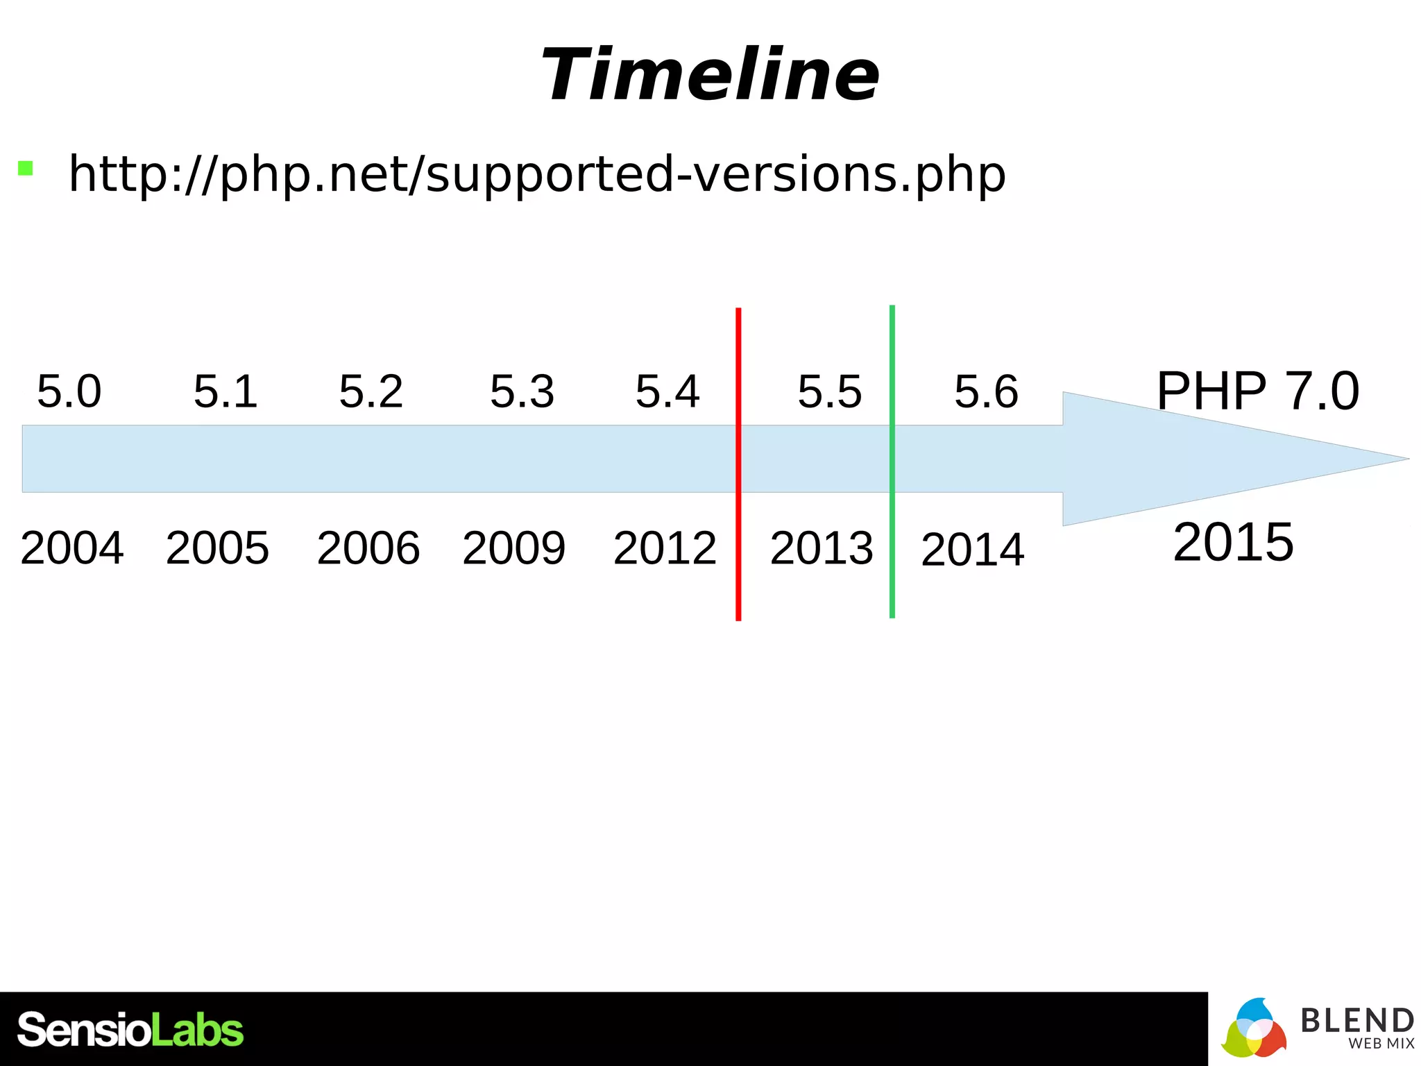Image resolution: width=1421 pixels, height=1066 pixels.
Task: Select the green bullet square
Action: click(x=26, y=168)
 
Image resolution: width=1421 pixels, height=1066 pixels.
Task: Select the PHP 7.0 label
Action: click(x=1257, y=391)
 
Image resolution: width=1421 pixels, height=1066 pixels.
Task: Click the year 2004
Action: click(x=72, y=548)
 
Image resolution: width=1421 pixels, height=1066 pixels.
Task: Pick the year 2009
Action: click(x=514, y=548)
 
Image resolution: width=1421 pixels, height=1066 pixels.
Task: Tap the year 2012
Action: click(x=665, y=548)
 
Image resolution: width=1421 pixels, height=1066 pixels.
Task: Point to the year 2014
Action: click(x=972, y=550)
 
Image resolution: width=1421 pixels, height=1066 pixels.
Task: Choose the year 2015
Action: click(x=1233, y=542)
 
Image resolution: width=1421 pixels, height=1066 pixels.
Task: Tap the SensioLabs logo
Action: click(x=130, y=1029)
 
